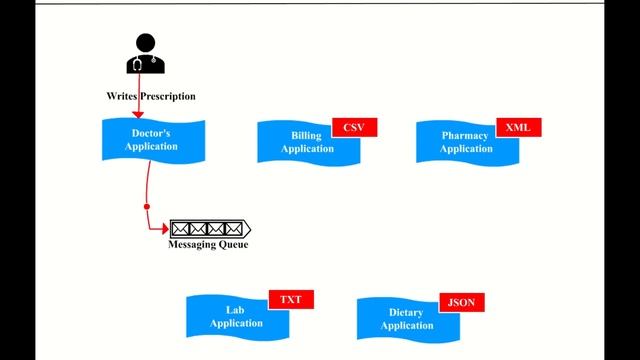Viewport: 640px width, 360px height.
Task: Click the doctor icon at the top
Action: (x=145, y=55)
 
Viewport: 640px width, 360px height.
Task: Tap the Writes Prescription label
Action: (x=151, y=96)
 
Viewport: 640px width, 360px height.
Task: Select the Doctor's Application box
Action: (x=154, y=139)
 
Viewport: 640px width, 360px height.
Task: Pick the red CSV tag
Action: (x=353, y=128)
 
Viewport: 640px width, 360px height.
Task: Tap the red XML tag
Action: (x=518, y=128)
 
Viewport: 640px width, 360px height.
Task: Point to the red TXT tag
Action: (x=291, y=299)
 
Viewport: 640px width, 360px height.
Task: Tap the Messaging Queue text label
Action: (x=208, y=245)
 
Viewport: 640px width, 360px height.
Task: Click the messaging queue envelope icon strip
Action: (x=209, y=228)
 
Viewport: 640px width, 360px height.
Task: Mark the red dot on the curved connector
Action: (x=147, y=207)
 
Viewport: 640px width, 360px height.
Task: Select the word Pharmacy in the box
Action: (x=466, y=135)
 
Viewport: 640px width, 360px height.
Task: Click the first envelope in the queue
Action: (x=180, y=228)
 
